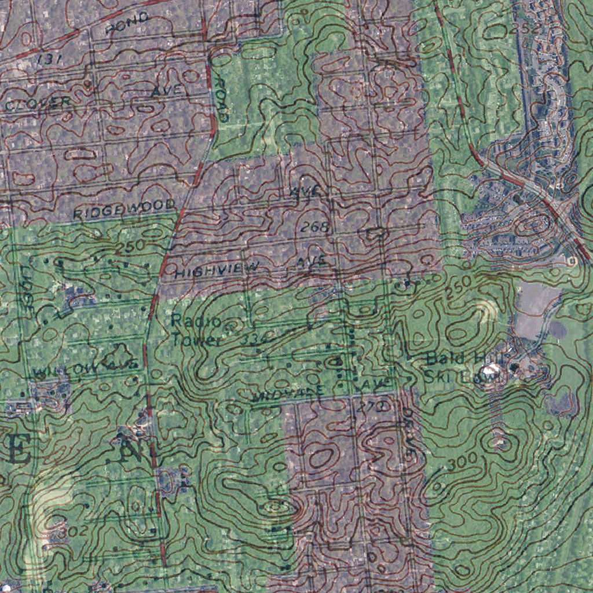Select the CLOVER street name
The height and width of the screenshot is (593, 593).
pyautogui.click(x=38, y=104)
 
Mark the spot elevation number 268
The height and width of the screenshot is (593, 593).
pyautogui.click(x=315, y=228)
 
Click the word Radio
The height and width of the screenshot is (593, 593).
pyautogui.click(x=188, y=321)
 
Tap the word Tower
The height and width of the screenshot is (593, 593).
pyautogui.click(x=196, y=340)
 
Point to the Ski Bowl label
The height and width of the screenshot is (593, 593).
pyautogui.click(x=462, y=378)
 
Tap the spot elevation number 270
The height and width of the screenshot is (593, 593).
pyautogui.click(x=371, y=407)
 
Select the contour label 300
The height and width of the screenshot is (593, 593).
pyautogui.click(x=462, y=462)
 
